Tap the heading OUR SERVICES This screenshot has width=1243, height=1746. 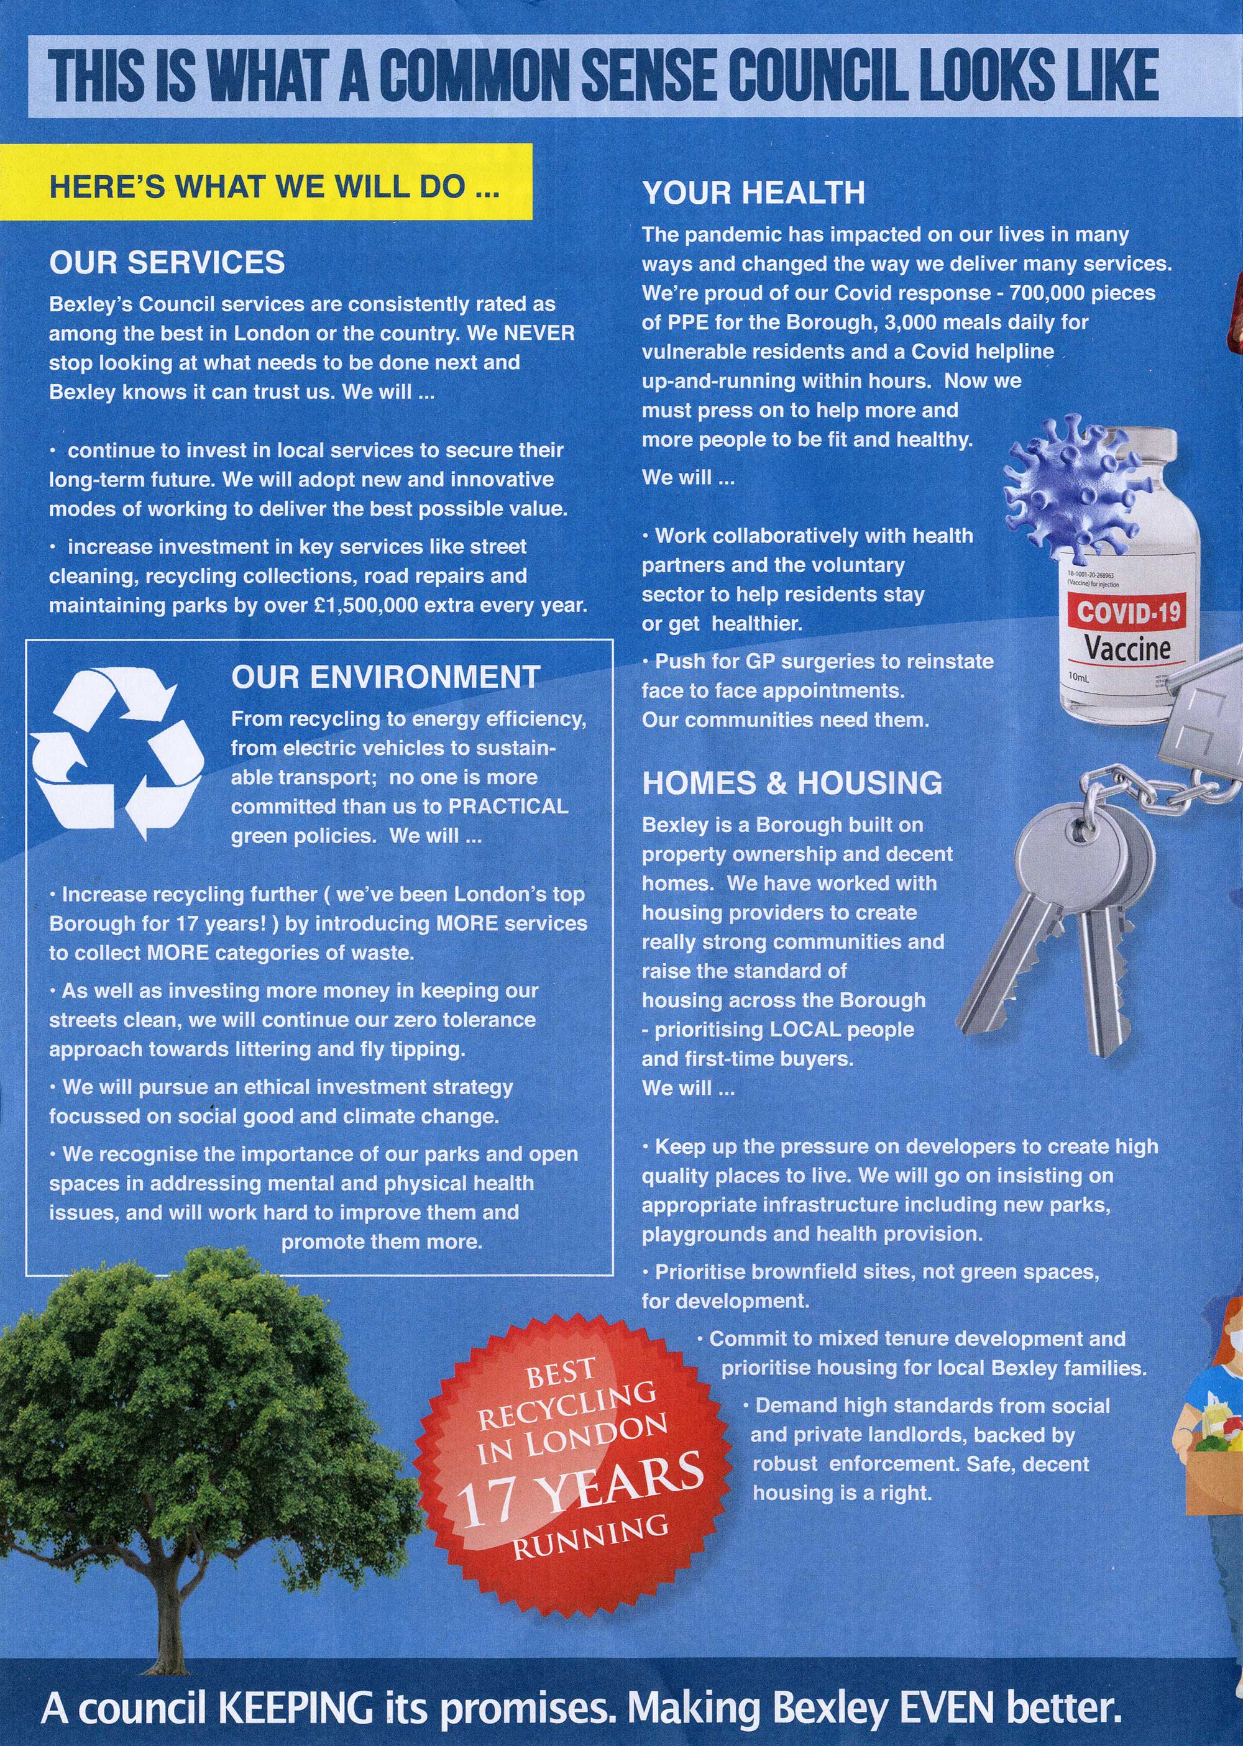click(x=167, y=262)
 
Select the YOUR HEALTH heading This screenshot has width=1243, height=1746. click(x=753, y=192)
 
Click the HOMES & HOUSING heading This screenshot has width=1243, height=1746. click(x=792, y=782)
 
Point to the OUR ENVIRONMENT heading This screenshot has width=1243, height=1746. click(x=386, y=677)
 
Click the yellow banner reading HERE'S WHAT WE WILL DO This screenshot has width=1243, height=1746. click(x=274, y=186)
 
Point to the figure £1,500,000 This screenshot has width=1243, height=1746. click(x=355, y=605)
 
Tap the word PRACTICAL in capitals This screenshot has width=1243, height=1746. click(x=508, y=807)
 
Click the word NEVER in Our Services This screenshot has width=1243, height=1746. click(x=539, y=334)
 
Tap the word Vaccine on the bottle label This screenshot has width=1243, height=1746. click(x=1127, y=649)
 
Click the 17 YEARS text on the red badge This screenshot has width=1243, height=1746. click(x=579, y=1492)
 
